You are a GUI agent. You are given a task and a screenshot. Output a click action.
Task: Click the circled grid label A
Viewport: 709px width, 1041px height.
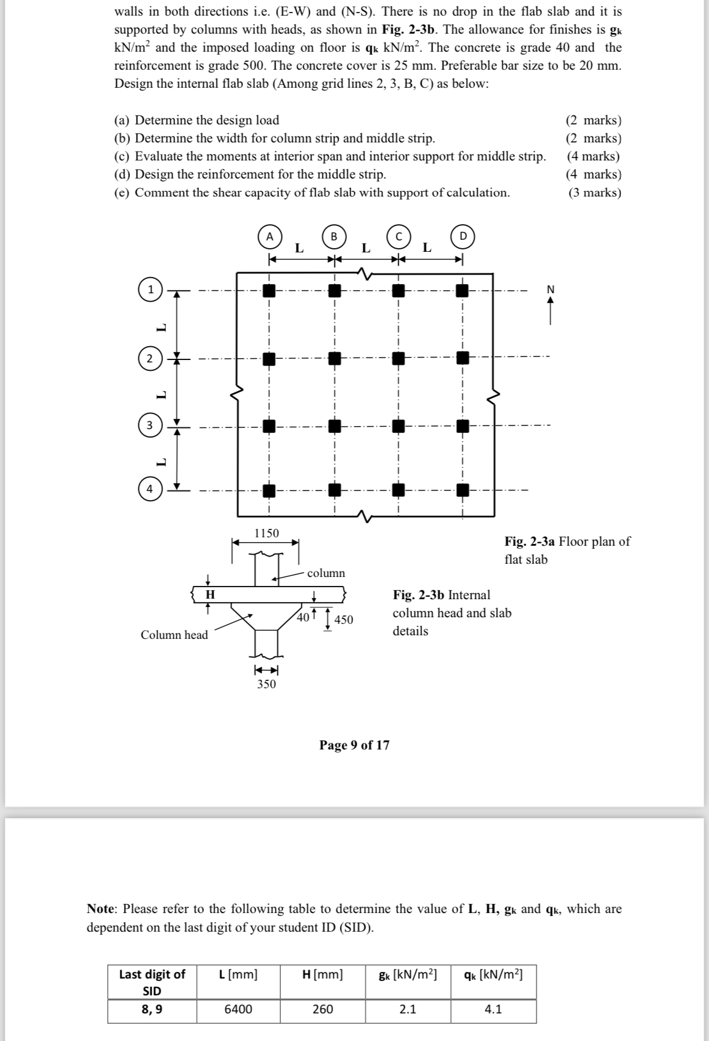tap(270, 236)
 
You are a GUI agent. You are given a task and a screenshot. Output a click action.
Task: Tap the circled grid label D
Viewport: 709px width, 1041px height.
tap(463, 236)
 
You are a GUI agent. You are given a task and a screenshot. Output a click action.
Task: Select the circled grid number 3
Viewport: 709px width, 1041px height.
tap(150, 426)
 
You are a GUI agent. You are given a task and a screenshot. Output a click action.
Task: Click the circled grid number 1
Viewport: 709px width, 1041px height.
tap(150, 290)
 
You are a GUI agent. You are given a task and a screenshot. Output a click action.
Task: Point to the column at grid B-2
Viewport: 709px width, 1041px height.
tap(334, 359)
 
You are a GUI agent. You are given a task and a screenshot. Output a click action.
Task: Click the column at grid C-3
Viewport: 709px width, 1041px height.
tap(397, 426)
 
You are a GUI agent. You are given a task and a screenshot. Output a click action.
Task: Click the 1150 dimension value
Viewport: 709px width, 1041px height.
tap(266, 533)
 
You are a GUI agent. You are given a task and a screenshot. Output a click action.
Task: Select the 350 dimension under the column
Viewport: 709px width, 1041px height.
tap(266, 684)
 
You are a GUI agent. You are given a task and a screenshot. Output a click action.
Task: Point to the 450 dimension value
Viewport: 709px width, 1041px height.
tap(343, 620)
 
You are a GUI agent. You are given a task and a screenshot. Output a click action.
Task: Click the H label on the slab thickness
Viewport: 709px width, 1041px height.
tap(210, 594)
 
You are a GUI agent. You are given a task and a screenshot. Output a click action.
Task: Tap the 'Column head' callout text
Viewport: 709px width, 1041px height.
tap(174, 635)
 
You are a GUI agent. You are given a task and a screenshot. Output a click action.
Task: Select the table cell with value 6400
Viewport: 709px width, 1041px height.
tap(238, 1009)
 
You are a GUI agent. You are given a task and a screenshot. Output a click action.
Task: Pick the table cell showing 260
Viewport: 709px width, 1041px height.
tap(322, 1009)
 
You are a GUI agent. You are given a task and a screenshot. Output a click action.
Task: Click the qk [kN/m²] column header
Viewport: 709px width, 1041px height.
tap(493, 974)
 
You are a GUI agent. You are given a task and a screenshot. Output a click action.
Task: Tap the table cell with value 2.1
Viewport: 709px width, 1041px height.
tap(408, 1009)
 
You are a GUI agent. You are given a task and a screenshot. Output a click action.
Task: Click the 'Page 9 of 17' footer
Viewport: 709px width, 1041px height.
tap(354, 745)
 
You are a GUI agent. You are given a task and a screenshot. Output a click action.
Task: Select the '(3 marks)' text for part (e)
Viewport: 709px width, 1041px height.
tap(594, 192)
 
